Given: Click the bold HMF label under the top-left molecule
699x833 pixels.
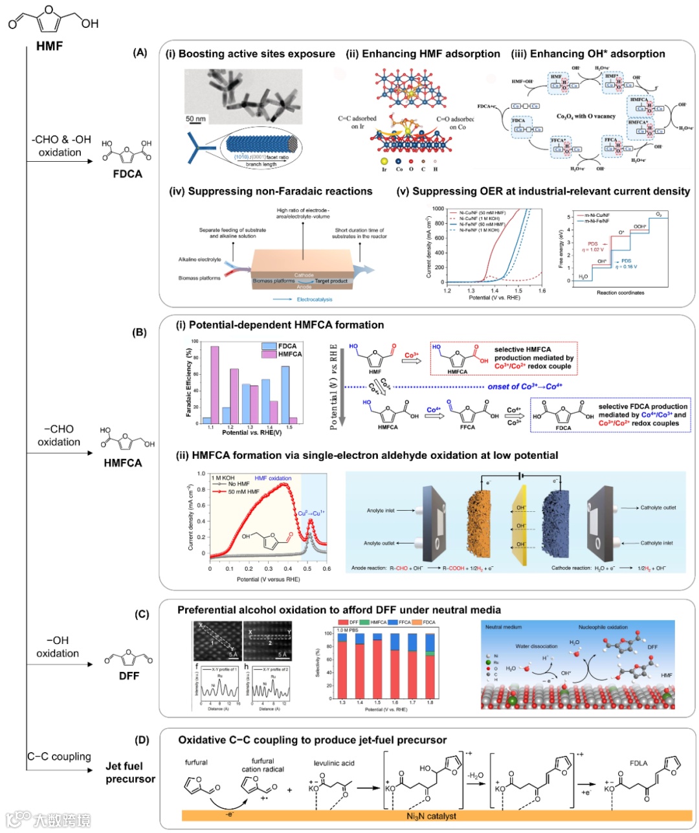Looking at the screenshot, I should pyautogui.click(x=49, y=46).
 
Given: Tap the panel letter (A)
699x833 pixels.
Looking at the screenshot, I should pyautogui.click(x=140, y=52).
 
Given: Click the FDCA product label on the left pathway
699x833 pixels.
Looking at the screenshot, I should pyautogui.click(x=127, y=173).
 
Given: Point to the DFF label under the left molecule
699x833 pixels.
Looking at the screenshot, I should pyautogui.click(x=129, y=676).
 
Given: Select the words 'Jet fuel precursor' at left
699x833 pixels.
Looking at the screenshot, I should pyautogui.click(x=130, y=772).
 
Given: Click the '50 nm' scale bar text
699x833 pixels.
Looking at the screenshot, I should pyautogui.click(x=195, y=118).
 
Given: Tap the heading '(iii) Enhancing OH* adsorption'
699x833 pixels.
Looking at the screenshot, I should pyautogui.click(x=588, y=54).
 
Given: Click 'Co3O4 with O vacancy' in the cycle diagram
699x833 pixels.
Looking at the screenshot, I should pyautogui.click(x=586, y=117).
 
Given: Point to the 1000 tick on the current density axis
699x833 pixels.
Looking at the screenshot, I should pyautogui.click(x=438, y=209).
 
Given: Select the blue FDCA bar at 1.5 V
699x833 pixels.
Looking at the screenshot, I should pyautogui.click(x=285, y=394).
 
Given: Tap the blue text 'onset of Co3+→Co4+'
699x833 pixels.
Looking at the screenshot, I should pyautogui.click(x=525, y=386).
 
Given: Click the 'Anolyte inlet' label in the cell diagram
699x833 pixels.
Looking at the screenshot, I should pyautogui.click(x=381, y=510).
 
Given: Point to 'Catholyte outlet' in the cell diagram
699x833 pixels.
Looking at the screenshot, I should pyautogui.click(x=658, y=507).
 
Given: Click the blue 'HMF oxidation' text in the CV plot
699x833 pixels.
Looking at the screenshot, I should pyautogui.click(x=272, y=478).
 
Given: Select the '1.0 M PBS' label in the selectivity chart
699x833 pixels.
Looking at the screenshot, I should pyautogui.click(x=347, y=630).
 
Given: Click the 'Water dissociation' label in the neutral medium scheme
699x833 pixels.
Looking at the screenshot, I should pyautogui.click(x=536, y=646).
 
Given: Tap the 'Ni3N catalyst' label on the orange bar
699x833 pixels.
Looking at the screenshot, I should pyautogui.click(x=431, y=816).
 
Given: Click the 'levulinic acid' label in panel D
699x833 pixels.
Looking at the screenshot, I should pyautogui.click(x=334, y=763).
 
